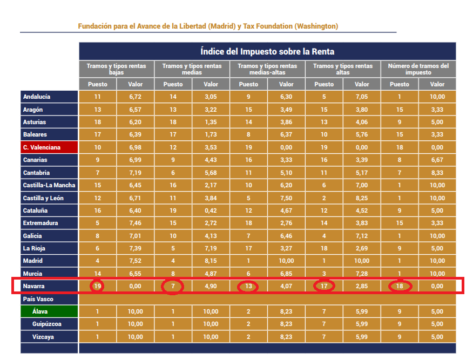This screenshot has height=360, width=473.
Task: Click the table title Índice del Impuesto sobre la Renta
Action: (x=267, y=52)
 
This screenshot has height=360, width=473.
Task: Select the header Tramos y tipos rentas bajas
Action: (x=116, y=69)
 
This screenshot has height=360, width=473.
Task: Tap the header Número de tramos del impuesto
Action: (x=418, y=69)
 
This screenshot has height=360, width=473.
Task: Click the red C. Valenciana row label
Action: (x=49, y=147)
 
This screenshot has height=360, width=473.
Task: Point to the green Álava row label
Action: (x=49, y=311)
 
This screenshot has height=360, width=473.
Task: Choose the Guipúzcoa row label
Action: (x=49, y=324)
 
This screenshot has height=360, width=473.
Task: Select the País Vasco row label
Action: (x=49, y=299)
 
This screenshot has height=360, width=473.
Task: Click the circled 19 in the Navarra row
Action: (x=98, y=286)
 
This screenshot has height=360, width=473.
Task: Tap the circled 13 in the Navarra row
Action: (x=248, y=286)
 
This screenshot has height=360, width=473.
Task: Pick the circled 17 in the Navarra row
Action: (x=324, y=286)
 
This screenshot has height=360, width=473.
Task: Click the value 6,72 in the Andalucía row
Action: (x=135, y=97)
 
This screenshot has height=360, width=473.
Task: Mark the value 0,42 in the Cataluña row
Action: (x=211, y=210)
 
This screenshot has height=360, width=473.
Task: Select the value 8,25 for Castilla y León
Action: (x=362, y=198)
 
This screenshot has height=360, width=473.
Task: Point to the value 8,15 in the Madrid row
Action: (x=211, y=261)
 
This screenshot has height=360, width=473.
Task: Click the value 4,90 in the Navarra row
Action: (x=211, y=286)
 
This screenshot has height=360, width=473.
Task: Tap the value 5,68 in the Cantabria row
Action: (x=211, y=173)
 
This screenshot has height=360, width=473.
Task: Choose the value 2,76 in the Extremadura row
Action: (x=286, y=223)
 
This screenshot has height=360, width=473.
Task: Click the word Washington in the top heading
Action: (x=315, y=26)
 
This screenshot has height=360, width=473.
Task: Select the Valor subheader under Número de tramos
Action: (x=437, y=84)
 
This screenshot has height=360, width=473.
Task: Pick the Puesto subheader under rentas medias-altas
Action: (x=248, y=84)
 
